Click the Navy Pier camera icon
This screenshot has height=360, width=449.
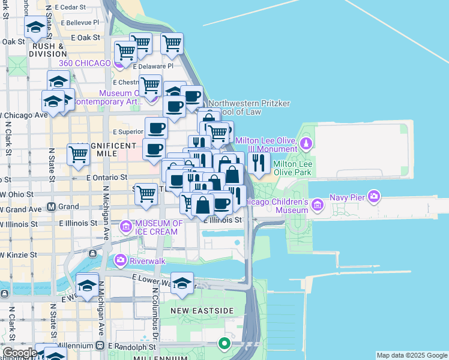click(375, 196)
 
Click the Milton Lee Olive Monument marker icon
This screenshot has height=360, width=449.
click(306, 143)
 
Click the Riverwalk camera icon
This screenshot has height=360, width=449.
click(120, 260)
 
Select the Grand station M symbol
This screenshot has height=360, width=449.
click(51, 206)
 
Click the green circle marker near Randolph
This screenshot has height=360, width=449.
click(224, 344)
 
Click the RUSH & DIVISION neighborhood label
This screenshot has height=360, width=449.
click(49, 49)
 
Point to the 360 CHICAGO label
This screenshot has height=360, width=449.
click(85, 63)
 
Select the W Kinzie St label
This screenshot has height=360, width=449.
click(18, 254)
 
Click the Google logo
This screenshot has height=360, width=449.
click(19, 353)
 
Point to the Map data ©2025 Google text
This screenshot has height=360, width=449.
click(412, 355)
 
